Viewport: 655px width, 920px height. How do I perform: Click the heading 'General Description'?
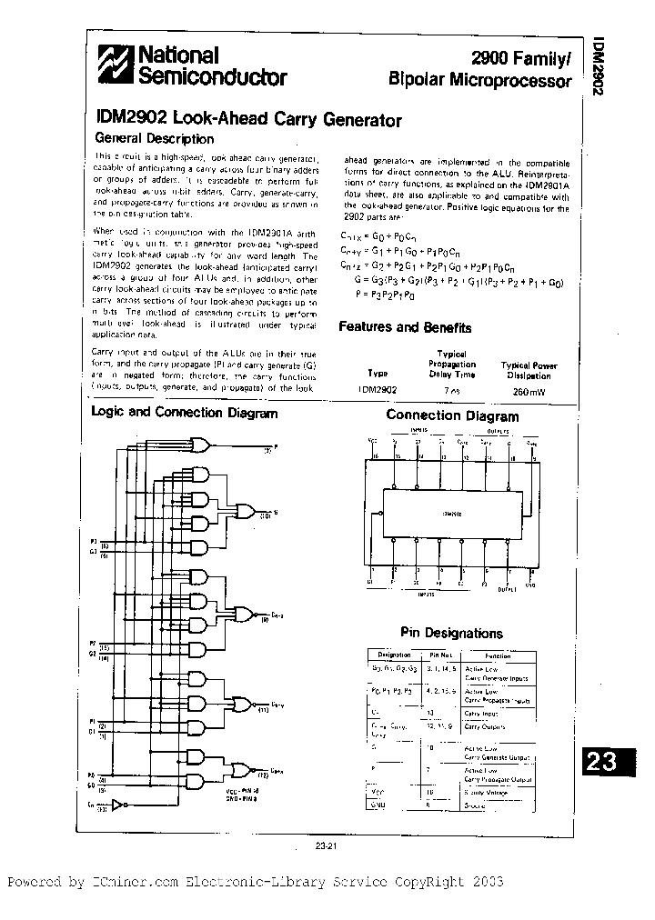(155, 139)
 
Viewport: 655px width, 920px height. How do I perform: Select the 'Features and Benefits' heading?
(405, 327)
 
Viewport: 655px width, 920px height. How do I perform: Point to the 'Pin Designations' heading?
(451, 633)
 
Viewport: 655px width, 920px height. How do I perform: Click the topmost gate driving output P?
(199, 445)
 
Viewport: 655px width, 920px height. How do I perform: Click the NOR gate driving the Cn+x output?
(239, 770)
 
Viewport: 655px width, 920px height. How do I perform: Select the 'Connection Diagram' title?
(452, 416)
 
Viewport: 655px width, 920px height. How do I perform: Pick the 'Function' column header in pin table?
(498, 655)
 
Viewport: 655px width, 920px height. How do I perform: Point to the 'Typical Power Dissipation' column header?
(529, 370)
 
